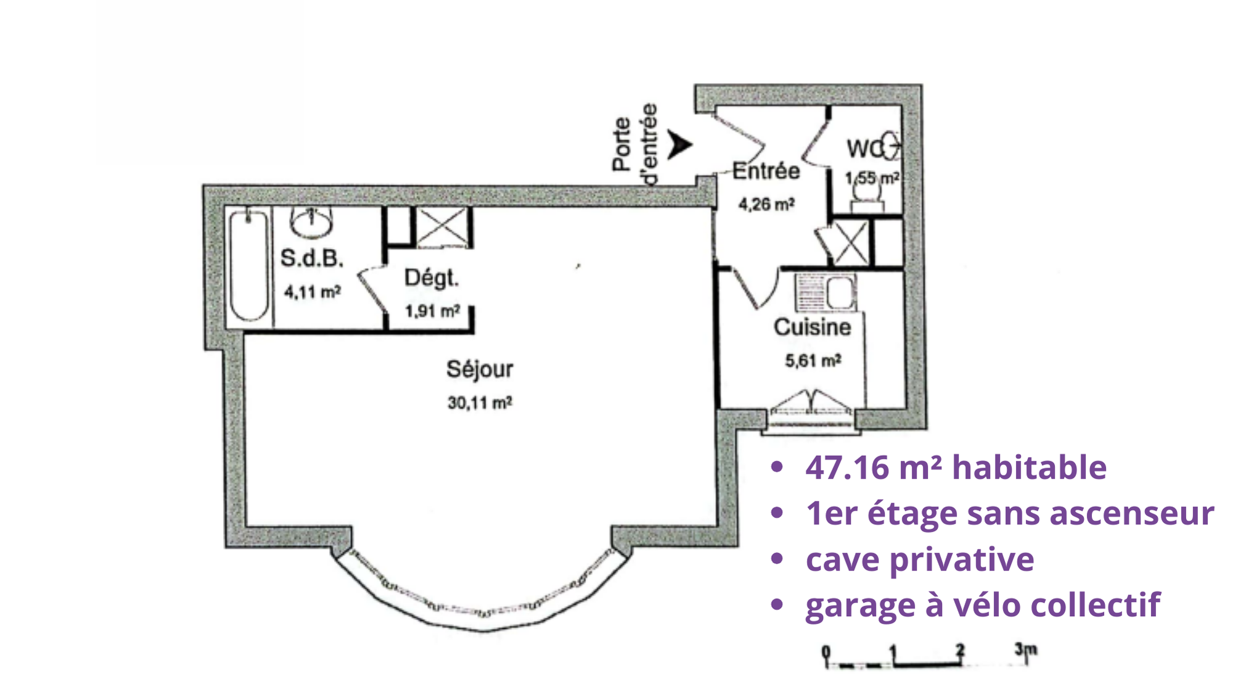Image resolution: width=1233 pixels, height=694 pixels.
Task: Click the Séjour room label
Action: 480,370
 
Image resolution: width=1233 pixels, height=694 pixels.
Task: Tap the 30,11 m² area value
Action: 480,403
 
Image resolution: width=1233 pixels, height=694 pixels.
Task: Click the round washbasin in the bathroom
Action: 311,221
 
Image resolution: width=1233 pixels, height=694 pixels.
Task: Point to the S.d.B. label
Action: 312,258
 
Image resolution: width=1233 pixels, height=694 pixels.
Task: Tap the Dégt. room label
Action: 432,278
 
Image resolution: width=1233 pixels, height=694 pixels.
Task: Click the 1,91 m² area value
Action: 432,311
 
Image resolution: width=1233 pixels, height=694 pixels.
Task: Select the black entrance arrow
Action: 680,144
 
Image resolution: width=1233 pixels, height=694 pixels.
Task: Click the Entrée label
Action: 766,171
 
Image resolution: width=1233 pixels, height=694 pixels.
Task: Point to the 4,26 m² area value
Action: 766,204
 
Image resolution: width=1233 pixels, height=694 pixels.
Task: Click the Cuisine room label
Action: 813,327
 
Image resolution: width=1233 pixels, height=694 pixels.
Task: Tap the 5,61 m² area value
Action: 813,360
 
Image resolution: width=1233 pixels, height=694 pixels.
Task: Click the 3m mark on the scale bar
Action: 1026,650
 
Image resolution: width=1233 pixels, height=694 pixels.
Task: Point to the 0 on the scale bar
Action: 826,651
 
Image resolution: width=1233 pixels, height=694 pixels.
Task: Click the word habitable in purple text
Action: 1030,467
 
